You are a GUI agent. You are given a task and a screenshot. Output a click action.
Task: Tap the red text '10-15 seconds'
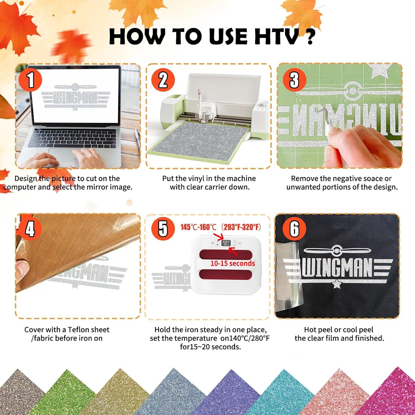(233, 263)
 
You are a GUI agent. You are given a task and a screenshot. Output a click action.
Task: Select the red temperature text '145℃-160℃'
(198, 227)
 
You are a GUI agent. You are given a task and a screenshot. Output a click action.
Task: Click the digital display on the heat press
(226, 243)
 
